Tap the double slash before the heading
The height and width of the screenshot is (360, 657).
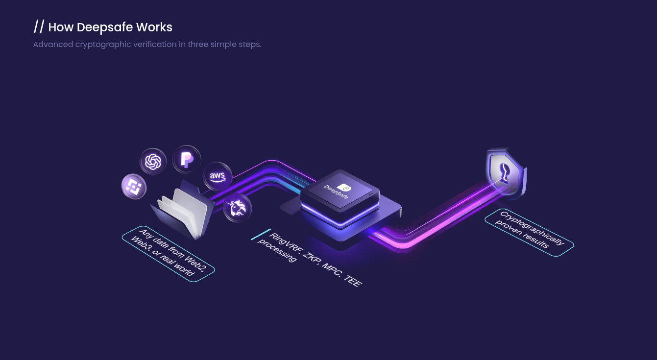coord(39,27)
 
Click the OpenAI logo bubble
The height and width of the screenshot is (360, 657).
coord(153,161)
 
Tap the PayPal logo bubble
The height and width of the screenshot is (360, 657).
coord(187,159)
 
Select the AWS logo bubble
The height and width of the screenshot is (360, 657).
coord(217,176)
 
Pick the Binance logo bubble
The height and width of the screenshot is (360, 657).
coord(134,187)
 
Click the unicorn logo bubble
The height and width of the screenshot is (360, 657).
coord(237,208)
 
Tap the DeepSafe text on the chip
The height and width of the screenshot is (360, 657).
coord(336,192)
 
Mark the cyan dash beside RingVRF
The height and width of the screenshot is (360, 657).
coord(261,234)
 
